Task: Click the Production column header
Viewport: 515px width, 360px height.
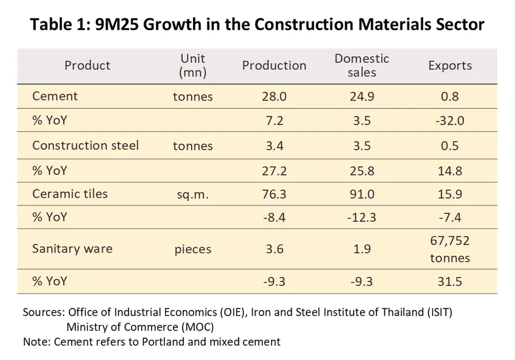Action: tap(274, 66)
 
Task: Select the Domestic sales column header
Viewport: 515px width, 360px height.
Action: tap(362, 65)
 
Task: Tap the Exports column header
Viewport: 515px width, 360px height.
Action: tap(450, 66)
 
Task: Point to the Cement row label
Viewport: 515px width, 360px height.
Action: tap(55, 96)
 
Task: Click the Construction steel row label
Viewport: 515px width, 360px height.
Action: tap(85, 145)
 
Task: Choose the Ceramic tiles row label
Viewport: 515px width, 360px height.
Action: tap(70, 194)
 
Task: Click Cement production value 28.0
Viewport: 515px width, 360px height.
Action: tap(273, 96)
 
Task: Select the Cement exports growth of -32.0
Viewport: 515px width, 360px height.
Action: tap(449, 121)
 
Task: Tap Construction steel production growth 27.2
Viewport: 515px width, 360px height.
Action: tap(273, 170)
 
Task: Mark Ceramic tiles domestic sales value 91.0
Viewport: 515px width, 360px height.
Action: tap(362, 194)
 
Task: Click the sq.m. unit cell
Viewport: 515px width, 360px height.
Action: tap(193, 195)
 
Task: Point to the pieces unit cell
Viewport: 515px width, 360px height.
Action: tap(193, 249)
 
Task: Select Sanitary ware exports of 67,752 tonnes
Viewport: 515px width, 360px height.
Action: tap(449, 249)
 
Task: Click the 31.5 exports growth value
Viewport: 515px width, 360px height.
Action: tap(449, 281)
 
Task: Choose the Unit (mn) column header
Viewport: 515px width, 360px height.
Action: tap(193, 65)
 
